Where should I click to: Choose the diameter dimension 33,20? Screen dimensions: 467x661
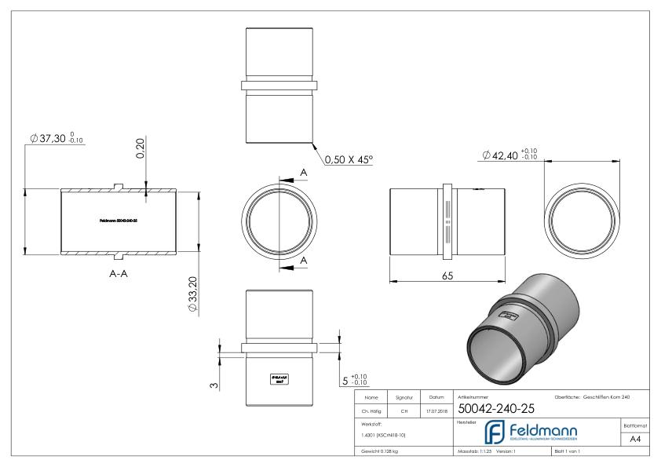click(x=193, y=293)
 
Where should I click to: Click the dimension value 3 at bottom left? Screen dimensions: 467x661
click(x=214, y=386)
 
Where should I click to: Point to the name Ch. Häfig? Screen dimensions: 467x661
click(x=372, y=410)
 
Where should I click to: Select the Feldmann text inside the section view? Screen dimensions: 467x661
click(x=119, y=221)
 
